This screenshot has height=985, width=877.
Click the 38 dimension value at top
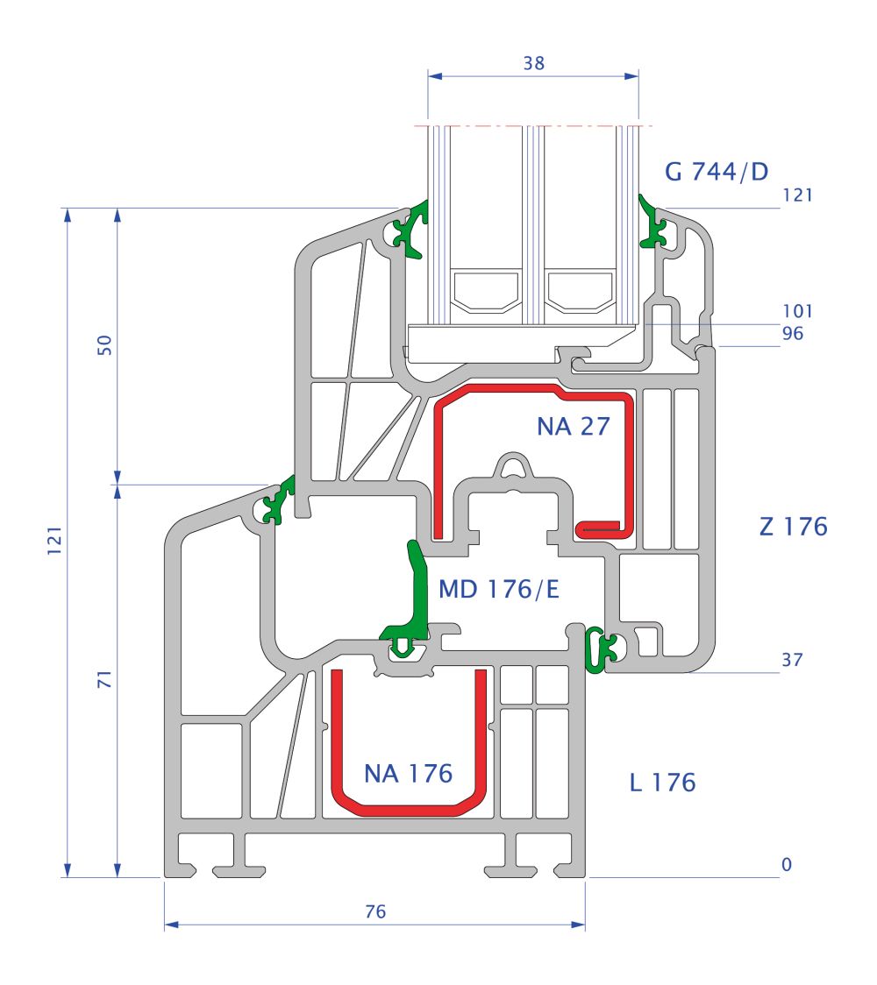(532, 63)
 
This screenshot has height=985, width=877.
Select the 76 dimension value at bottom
(374, 911)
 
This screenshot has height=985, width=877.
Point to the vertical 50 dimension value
(105, 344)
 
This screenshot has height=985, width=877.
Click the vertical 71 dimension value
(105, 679)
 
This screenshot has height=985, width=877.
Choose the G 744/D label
(716, 171)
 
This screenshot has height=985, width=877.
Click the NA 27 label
(573, 426)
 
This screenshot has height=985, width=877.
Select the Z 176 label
(792, 527)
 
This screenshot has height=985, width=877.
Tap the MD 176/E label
(498, 589)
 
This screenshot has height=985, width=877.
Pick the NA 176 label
(408, 773)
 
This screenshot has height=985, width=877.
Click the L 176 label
(662, 782)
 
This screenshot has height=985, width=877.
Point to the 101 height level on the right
(798, 311)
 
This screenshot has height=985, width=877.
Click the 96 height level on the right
(793, 333)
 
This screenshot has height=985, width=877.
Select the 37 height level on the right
(792, 660)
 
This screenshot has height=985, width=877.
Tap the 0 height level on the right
(787, 865)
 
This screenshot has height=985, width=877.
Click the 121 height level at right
(797, 195)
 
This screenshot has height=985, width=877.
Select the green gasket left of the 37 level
(599, 650)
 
